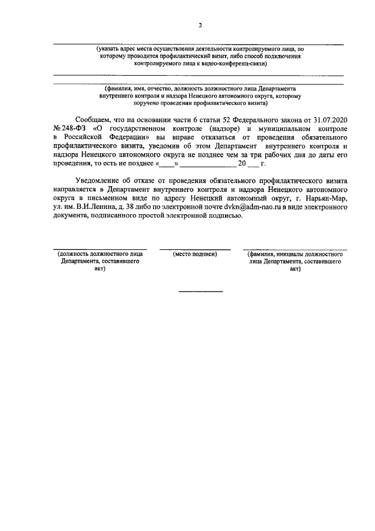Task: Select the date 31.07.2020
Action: pos(326,119)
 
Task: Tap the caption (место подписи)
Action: pos(195,255)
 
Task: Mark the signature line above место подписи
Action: pos(195,249)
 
